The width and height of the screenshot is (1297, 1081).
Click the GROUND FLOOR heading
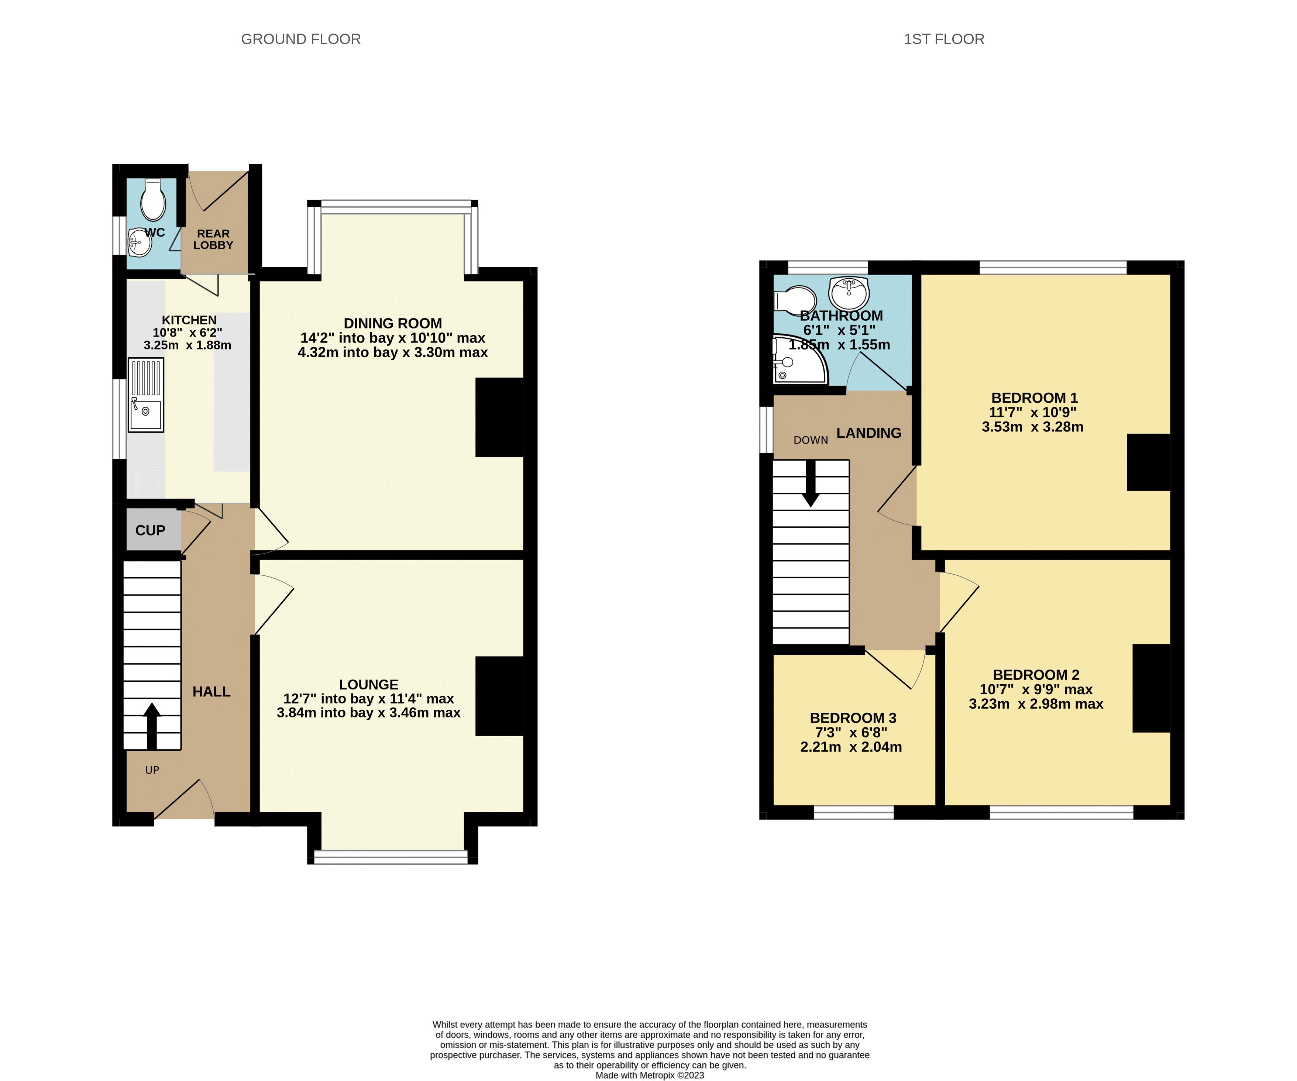coord(301,39)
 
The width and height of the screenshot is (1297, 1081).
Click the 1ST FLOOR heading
coord(944,39)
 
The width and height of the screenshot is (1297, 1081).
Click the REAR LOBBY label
coord(213,239)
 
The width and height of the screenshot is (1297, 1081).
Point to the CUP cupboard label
coord(150,530)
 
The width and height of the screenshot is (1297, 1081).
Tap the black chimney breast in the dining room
coord(499,417)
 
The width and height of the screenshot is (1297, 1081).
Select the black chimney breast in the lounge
coord(499,696)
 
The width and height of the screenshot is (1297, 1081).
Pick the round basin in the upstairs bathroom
coord(849,293)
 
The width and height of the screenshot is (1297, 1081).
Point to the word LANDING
coord(868,433)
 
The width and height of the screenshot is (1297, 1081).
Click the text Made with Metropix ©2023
coord(649,1075)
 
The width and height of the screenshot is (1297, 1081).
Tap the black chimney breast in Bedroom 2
coord(1151,688)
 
